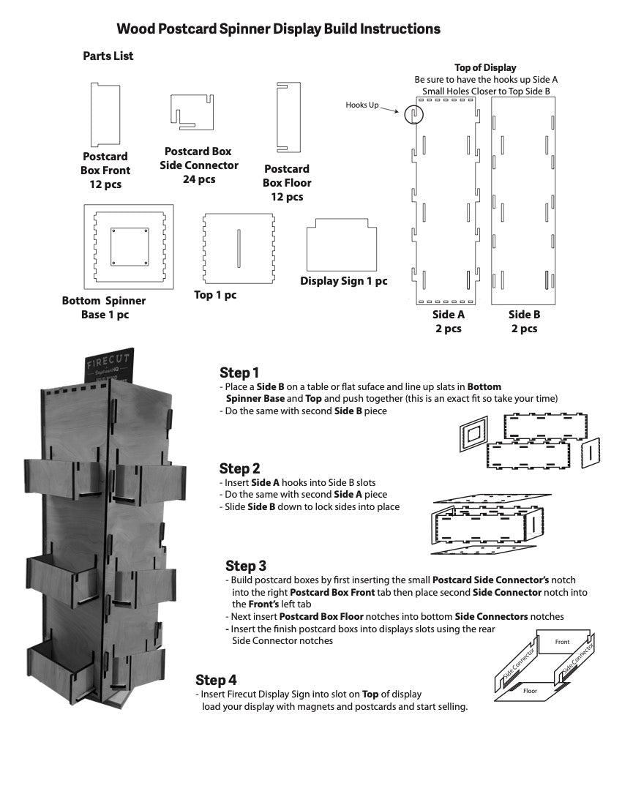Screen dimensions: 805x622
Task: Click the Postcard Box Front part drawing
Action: pyautogui.click(x=105, y=114)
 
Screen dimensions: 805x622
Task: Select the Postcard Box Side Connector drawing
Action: pyautogui.click(x=191, y=112)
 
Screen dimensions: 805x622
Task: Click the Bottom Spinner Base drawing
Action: pyautogui.click(x=128, y=246)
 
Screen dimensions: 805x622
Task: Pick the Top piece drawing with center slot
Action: pyautogui.click(x=238, y=248)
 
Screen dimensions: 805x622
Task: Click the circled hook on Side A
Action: pyautogui.click(x=413, y=113)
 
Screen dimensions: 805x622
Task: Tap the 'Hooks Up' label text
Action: pyautogui.click(x=362, y=105)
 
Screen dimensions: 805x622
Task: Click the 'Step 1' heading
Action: pyautogui.click(x=239, y=372)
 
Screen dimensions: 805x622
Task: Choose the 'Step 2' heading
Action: pyautogui.click(x=239, y=468)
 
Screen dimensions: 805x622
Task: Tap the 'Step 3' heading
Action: pyautogui.click(x=246, y=566)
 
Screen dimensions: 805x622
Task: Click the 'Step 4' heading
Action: pyautogui.click(x=216, y=681)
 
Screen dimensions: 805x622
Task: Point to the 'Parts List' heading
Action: pyautogui.click(x=108, y=56)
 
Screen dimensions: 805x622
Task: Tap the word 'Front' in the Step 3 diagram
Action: pyautogui.click(x=562, y=642)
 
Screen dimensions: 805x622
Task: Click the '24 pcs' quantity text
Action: pyautogui.click(x=199, y=179)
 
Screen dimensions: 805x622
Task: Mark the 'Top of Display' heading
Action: pyautogui.click(x=485, y=68)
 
